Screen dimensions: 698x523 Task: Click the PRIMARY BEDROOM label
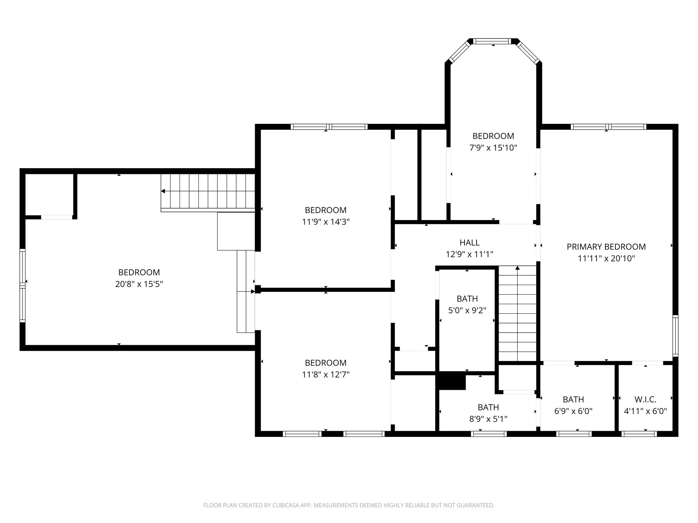606,247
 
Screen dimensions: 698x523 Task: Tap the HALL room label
469,243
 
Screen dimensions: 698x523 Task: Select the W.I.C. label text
645,399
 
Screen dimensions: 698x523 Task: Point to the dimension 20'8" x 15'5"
139,284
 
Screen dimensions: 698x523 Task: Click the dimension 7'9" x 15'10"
493,148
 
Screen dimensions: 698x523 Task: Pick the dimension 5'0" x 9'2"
467,311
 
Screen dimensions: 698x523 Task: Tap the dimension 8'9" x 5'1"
488,419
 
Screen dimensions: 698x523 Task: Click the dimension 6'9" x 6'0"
573,411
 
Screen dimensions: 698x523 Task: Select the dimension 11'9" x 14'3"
325,222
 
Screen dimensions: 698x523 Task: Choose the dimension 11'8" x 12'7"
325,375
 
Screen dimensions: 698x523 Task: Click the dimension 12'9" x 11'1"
469,254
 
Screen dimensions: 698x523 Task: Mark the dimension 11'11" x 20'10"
606,258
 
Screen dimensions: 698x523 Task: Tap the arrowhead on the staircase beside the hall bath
517,268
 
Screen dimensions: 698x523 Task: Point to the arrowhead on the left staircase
163,191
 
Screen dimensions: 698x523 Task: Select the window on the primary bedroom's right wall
675,336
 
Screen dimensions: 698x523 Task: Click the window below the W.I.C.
639,434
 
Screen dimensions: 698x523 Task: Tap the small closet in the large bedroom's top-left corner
49,194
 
